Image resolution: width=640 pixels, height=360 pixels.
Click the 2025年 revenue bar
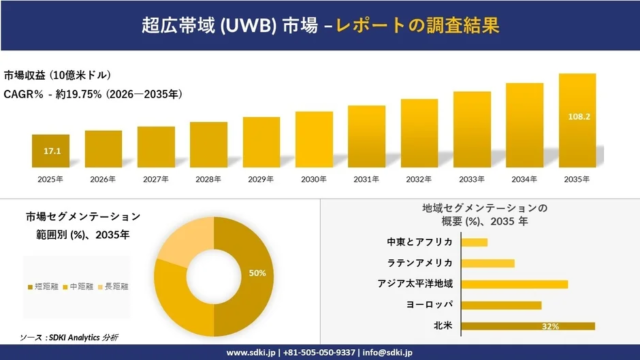point(50,151)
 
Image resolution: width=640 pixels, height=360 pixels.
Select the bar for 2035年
point(577,121)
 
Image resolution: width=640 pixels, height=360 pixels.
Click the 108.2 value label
point(577,116)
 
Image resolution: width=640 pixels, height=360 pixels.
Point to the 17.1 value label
point(51,151)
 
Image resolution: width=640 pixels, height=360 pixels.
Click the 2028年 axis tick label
point(208,179)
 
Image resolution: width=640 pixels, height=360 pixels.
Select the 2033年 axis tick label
point(472,179)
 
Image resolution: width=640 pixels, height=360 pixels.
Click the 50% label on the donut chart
point(257,272)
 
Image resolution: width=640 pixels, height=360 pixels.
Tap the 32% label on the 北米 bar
point(549,326)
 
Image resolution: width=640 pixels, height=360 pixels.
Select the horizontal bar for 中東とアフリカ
point(475,242)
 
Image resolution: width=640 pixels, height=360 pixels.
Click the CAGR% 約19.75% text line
point(92,94)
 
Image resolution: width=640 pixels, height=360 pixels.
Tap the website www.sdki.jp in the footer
point(251,352)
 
